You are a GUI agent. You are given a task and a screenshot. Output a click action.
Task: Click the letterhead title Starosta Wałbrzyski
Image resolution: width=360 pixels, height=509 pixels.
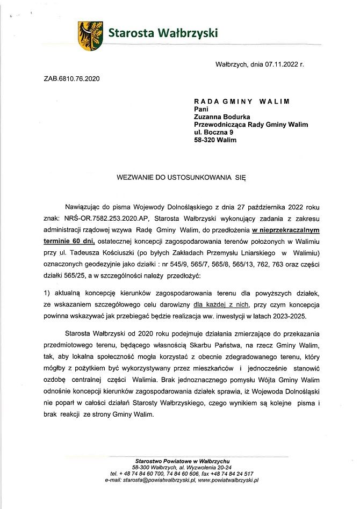coord(163,33)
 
